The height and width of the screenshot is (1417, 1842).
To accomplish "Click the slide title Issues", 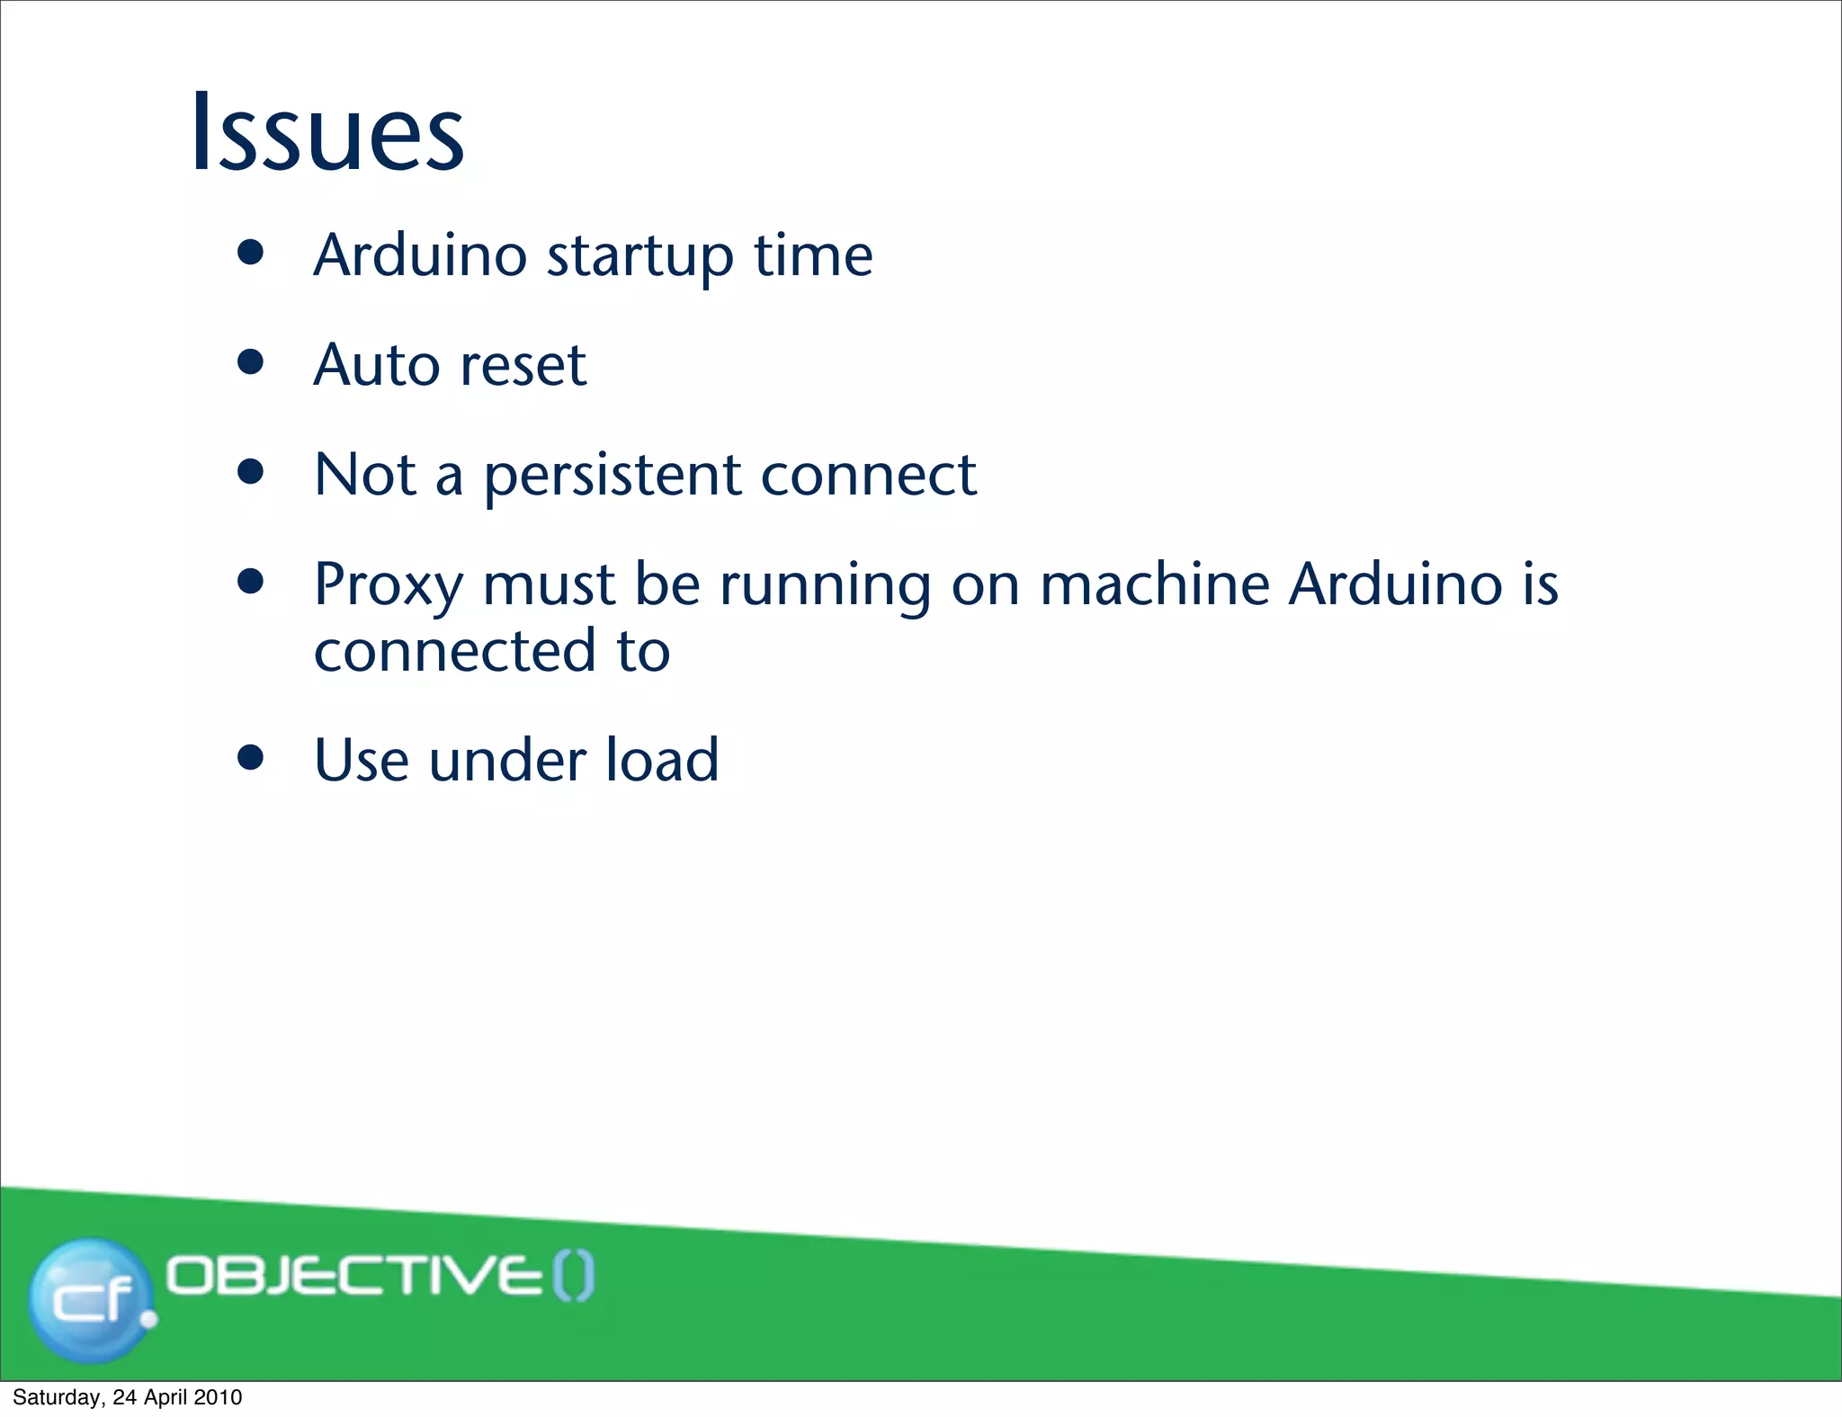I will (x=327, y=132).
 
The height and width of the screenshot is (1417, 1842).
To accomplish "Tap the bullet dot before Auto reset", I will (x=251, y=362).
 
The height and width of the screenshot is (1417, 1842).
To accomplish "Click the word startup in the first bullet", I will (x=639, y=257).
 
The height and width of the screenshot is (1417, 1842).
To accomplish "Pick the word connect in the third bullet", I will (x=868, y=477).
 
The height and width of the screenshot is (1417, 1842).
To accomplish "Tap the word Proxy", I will (x=388, y=586).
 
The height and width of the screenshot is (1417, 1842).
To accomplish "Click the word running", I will (x=825, y=586).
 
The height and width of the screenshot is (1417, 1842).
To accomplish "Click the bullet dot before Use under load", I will (x=251, y=758).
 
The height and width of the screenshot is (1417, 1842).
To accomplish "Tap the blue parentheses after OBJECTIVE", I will (x=573, y=1277).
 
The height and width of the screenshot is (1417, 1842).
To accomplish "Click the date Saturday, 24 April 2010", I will (x=127, y=1397).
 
